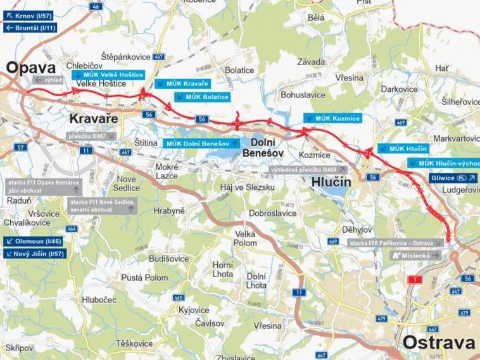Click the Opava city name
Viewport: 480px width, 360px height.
[30, 68]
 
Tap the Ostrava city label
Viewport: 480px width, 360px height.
[438, 343]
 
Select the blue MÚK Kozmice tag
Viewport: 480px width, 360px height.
[332, 118]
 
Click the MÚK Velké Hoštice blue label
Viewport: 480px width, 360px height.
[108, 75]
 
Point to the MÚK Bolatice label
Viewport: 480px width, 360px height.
[202, 97]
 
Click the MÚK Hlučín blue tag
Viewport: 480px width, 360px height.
[403, 148]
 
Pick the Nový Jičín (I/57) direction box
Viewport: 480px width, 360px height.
[35, 254]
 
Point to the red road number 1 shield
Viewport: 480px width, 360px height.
[415, 279]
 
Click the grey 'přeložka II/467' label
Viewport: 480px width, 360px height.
[91, 136]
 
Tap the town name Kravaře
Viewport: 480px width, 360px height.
[91, 118]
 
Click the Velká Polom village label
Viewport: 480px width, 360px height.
[245, 238]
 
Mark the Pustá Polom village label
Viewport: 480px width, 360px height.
[144, 278]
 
